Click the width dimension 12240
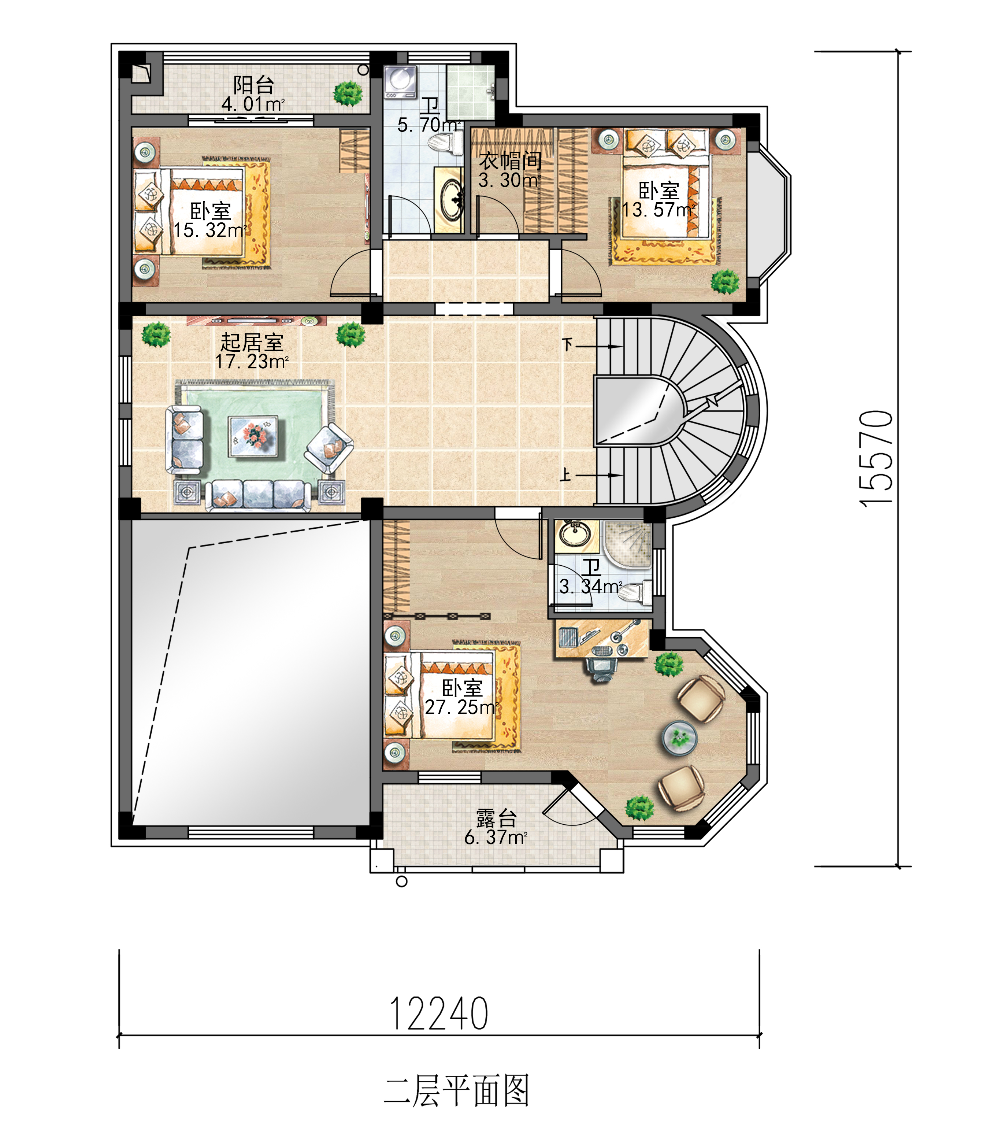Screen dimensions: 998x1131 coord(439,1014)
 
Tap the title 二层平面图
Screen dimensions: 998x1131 coord(456,1091)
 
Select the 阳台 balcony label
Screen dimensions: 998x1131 coord(253,85)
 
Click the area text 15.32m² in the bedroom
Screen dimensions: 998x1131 coord(210,230)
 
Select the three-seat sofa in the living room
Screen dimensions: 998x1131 coord(258,495)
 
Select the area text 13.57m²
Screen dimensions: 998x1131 coord(659,210)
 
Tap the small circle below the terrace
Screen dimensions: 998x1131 coord(402,881)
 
